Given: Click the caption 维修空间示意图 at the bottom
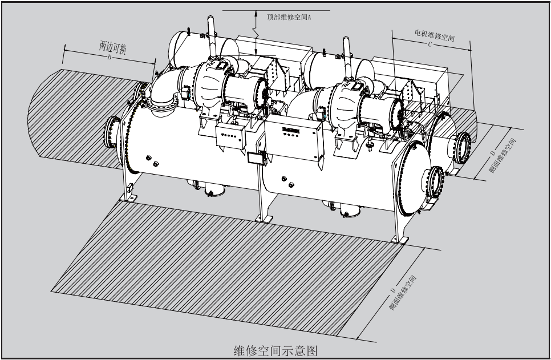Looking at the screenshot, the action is click(x=275, y=350).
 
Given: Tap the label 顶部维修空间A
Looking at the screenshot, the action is click(x=289, y=17).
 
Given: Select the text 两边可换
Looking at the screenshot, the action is click(x=112, y=47).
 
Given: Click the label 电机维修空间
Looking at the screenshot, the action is click(x=435, y=35).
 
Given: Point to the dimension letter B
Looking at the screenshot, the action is click(x=110, y=57).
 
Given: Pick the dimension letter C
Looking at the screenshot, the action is click(x=430, y=45).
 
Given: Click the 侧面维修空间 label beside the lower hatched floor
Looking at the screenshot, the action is click(x=402, y=293).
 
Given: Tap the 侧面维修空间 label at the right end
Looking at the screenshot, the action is click(x=503, y=155).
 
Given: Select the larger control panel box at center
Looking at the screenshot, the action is click(x=294, y=137).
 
